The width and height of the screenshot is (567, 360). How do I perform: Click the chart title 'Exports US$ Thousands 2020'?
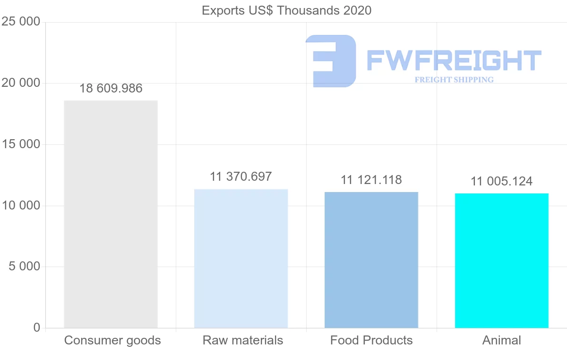pos(286,10)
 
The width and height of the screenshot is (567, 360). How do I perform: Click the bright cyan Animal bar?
pos(502,260)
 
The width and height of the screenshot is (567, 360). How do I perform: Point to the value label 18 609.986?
pos(111,88)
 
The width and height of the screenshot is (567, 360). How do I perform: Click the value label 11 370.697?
pos(241,176)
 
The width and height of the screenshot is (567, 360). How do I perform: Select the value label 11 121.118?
pos(371,180)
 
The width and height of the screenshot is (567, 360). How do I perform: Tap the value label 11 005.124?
pos(501,181)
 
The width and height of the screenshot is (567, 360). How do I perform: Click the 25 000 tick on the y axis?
pos(21,22)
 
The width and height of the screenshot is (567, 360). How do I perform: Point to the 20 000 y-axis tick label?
pos(21,83)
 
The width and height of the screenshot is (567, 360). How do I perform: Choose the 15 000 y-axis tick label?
pos(21,144)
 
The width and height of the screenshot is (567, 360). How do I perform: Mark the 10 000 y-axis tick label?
pos(21,206)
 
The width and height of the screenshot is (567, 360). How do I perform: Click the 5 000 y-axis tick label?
pos(25,267)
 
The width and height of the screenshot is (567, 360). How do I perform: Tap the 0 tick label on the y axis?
pos(37,328)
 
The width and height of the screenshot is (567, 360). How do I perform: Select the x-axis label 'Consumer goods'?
pos(112,340)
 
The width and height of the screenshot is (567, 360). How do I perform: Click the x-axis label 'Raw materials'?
pos(243,340)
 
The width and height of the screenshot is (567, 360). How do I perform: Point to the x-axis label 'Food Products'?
pos(371,340)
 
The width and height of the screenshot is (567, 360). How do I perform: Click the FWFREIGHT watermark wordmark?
pos(454,60)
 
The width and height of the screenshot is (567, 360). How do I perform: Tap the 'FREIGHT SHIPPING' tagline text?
pos(454,80)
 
